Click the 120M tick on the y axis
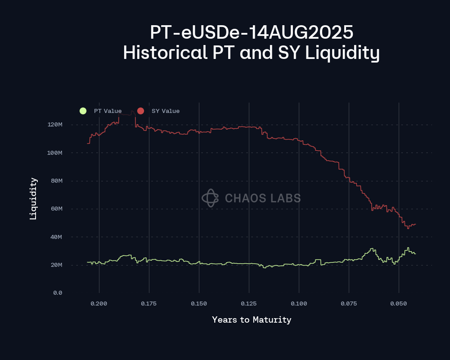click(x=54, y=125)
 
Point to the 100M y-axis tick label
click(x=54, y=153)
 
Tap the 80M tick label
click(x=56, y=181)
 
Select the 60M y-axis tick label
click(x=56, y=209)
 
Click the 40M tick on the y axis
click(x=56, y=237)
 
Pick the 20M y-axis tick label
click(x=56, y=265)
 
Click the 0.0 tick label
click(x=57, y=292)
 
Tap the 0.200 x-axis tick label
click(x=99, y=304)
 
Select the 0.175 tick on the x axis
click(x=149, y=304)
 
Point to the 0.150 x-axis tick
click(x=199, y=304)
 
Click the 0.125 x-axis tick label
click(x=249, y=304)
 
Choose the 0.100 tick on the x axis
click(x=299, y=304)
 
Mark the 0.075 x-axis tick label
click(x=349, y=304)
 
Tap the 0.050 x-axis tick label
click(x=399, y=304)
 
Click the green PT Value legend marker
click(x=83, y=111)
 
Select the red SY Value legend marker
click(x=140, y=111)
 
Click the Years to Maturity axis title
click(x=252, y=320)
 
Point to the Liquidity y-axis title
click(x=33, y=198)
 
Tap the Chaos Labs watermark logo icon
click(x=210, y=198)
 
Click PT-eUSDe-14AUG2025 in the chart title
click(x=252, y=33)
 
